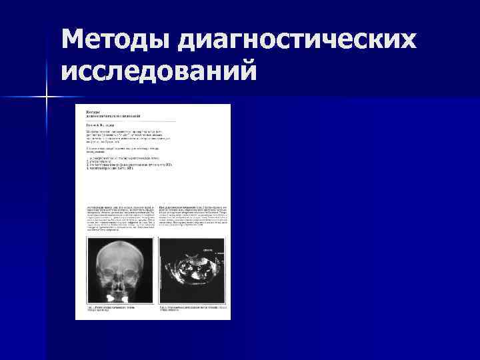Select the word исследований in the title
click(x=158, y=69)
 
